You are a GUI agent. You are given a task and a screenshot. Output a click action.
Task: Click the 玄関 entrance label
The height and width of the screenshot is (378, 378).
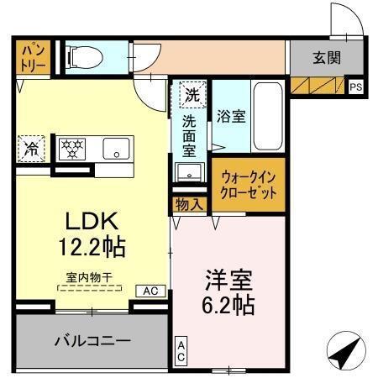coord(327,58)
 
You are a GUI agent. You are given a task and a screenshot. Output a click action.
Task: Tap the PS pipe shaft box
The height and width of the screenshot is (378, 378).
coord(355,86)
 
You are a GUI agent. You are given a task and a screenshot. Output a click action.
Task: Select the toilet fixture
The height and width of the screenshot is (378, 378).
coord(84,55)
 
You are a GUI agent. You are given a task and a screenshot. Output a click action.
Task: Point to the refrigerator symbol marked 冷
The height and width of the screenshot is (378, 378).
coord(29,150)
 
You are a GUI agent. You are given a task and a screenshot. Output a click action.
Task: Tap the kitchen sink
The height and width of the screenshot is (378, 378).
coord(113,150)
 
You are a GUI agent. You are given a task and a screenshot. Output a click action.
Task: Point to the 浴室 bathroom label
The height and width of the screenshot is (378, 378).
coord(231,117)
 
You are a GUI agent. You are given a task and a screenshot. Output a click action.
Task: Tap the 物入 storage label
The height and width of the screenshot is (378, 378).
coord(189,204)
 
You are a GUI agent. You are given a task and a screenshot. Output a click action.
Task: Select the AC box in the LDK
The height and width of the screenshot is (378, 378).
coord(150,291)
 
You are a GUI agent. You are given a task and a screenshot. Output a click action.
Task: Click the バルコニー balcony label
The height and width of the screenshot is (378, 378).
coord(92,342)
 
